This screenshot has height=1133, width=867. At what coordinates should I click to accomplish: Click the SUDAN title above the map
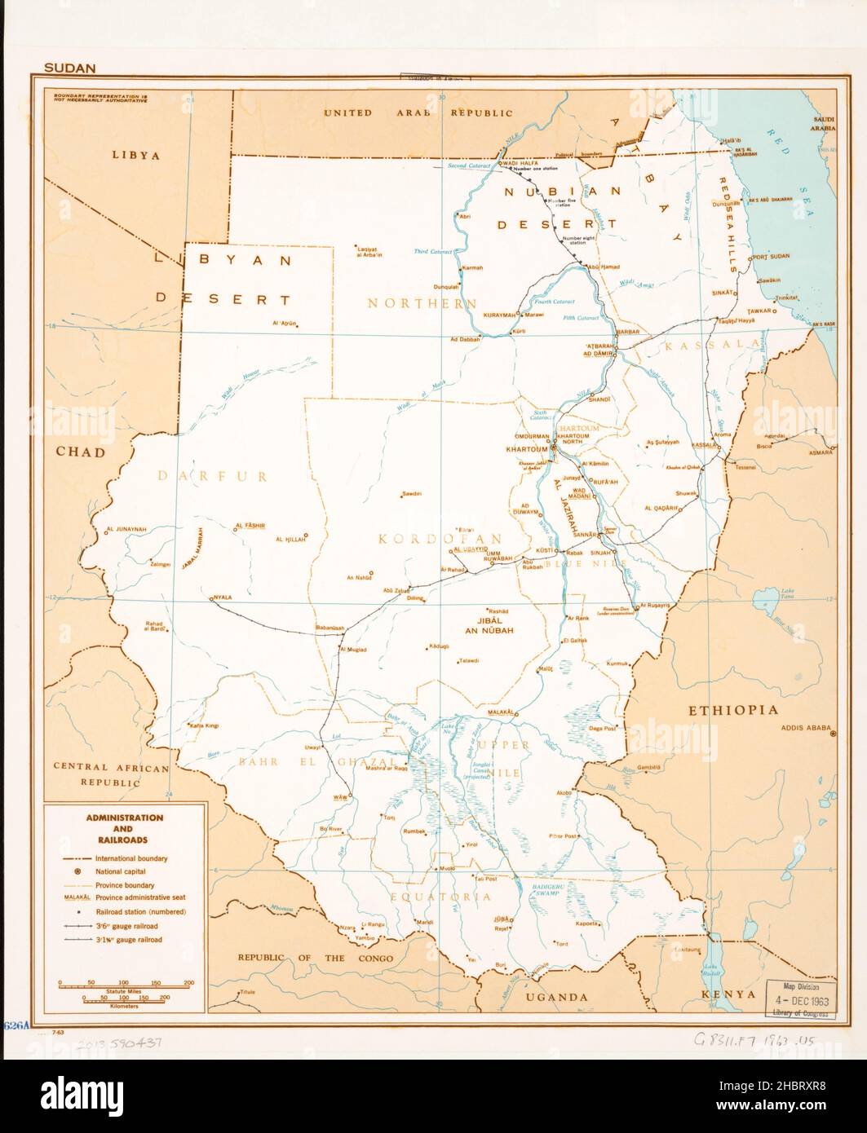(70, 68)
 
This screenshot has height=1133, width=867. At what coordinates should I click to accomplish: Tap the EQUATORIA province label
(453, 897)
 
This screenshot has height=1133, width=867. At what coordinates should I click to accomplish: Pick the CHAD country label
(81, 452)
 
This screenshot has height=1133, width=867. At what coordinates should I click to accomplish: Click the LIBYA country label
(136, 155)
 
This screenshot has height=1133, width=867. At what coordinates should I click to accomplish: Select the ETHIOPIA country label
(734, 711)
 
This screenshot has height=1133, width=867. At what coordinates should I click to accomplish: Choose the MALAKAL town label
(503, 712)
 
